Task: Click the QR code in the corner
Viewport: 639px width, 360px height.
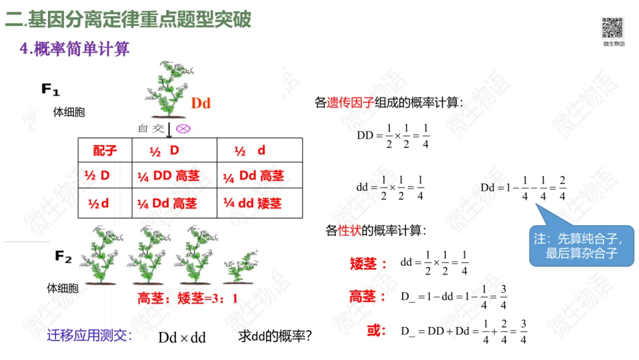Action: coord(613,28)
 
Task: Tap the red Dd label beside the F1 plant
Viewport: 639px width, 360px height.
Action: coord(201,104)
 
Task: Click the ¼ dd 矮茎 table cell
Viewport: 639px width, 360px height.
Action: coord(253,203)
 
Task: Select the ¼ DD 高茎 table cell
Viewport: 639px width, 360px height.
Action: coord(169,176)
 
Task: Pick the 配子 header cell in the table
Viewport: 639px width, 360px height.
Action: coord(105,151)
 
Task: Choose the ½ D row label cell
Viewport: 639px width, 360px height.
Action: coord(98,176)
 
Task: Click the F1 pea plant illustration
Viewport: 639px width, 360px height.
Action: coord(166,89)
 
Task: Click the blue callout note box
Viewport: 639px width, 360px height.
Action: coord(582,246)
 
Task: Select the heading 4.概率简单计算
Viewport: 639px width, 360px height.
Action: coord(75,49)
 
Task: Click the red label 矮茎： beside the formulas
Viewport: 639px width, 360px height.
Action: coord(368,263)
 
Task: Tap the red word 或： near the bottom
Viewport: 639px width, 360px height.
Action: coord(377,330)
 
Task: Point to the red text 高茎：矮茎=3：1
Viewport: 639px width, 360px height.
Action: coord(188,299)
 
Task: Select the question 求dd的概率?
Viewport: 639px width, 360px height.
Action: coord(275,336)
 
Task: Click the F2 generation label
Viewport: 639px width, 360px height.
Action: coord(63,256)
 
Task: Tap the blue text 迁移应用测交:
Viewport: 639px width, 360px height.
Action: coord(89,336)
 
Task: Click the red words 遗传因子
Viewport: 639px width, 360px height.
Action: coord(350,103)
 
